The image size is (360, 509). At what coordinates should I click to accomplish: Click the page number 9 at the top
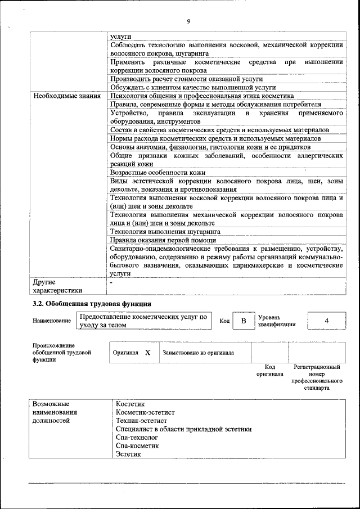click(188, 21)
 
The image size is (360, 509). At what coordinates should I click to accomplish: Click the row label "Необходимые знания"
click(66, 96)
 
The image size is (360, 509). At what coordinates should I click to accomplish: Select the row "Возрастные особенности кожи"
click(157, 172)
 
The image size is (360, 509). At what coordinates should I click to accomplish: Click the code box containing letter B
click(244, 321)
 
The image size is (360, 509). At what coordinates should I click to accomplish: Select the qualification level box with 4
click(327, 321)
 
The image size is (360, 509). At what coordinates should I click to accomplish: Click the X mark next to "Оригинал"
click(147, 353)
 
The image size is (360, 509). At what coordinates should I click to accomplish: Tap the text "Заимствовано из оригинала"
click(198, 353)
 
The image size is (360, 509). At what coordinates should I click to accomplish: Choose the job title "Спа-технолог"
click(137, 437)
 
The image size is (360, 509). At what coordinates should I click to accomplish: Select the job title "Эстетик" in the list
click(129, 454)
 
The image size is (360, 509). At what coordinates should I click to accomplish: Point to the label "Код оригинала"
click(269, 370)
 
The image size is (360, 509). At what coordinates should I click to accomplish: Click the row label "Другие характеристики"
click(57, 286)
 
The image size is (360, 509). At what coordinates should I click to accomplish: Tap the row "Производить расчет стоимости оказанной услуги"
click(186, 79)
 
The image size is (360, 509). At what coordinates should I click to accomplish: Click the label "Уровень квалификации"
click(277, 321)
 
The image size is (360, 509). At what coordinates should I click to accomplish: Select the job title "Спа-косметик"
click(137, 445)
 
